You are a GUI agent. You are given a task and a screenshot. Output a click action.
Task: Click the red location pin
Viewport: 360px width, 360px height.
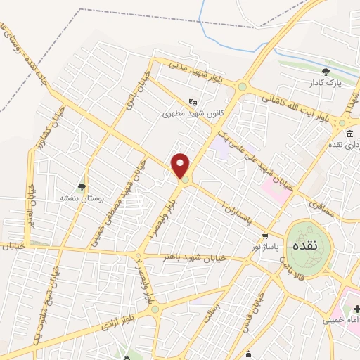pyautogui.click(x=181, y=165)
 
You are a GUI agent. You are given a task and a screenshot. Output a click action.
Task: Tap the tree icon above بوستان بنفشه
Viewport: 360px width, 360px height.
pyautogui.click(x=82, y=187)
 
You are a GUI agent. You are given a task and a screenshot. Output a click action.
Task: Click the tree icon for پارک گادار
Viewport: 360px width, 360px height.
pyautogui.click(x=325, y=72)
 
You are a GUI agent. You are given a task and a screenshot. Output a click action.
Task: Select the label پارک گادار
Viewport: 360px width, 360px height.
pyautogui.click(x=325, y=84)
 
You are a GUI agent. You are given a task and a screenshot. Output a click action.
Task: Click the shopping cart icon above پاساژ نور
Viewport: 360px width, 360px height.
pyautogui.click(x=265, y=236)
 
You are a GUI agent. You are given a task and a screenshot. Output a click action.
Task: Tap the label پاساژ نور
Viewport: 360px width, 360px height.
pyautogui.click(x=266, y=248)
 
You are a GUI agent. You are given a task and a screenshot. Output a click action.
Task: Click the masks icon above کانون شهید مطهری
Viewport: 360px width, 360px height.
pyautogui.click(x=193, y=101)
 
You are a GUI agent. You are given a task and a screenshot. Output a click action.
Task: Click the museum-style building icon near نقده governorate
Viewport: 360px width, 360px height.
pyautogui.click(x=349, y=134)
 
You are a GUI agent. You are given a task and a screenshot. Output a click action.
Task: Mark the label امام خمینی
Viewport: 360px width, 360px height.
pyautogui.click(x=340, y=321)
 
